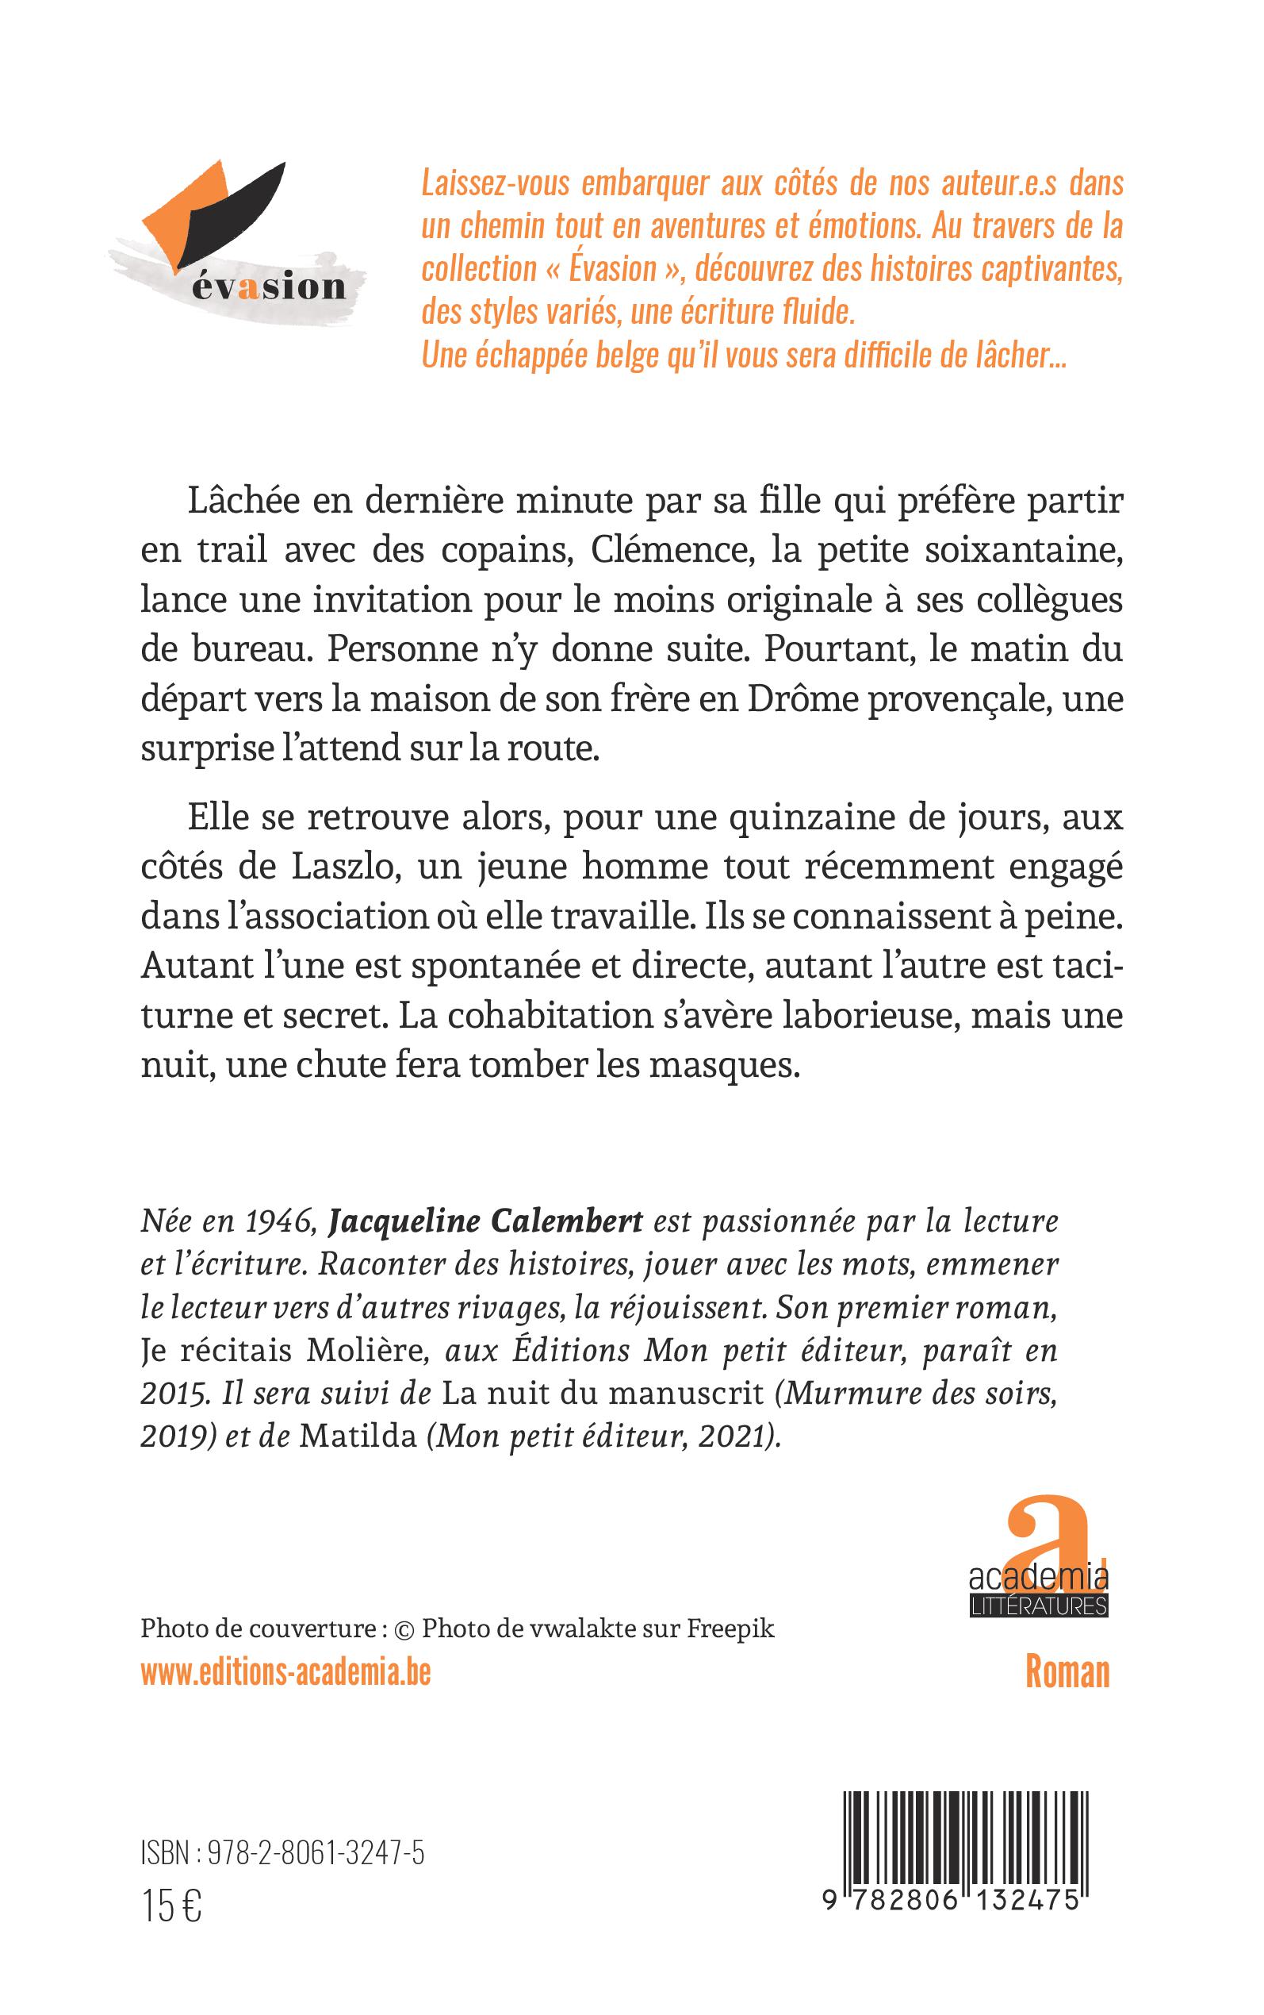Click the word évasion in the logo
coord(267,287)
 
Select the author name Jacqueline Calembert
coord(486,1221)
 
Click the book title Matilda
coord(358,1437)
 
